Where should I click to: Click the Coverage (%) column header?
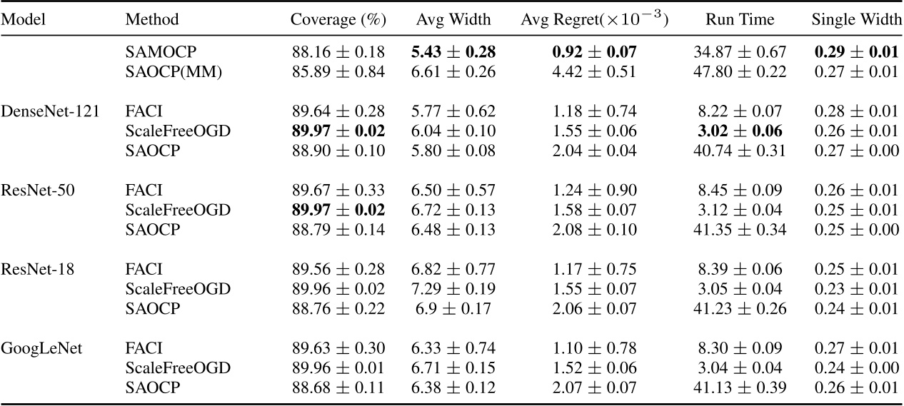tap(338, 20)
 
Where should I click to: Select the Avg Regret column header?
tap(594, 20)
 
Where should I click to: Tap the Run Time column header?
tap(739, 20)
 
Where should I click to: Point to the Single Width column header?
tap(856, 20)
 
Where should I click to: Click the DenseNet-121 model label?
tap(49, 111)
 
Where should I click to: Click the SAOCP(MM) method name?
tap(167, 72)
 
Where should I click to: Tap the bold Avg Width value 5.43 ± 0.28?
tap(453, 52)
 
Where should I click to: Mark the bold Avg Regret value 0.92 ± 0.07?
tap(594, 52)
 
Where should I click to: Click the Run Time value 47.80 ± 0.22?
tap(739, 72)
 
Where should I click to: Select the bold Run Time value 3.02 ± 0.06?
tap(739, 131)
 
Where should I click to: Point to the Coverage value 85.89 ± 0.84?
tap(338, 72)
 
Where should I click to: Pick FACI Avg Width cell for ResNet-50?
tap(453, 191)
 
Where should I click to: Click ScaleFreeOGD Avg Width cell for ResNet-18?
tap(453, 289)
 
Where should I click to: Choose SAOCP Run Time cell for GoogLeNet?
tap(739, 387)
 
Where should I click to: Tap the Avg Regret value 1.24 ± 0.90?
tap(594, 191)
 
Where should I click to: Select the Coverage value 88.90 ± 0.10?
tap(338, 151)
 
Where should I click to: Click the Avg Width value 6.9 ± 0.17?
tap(453, 308)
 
